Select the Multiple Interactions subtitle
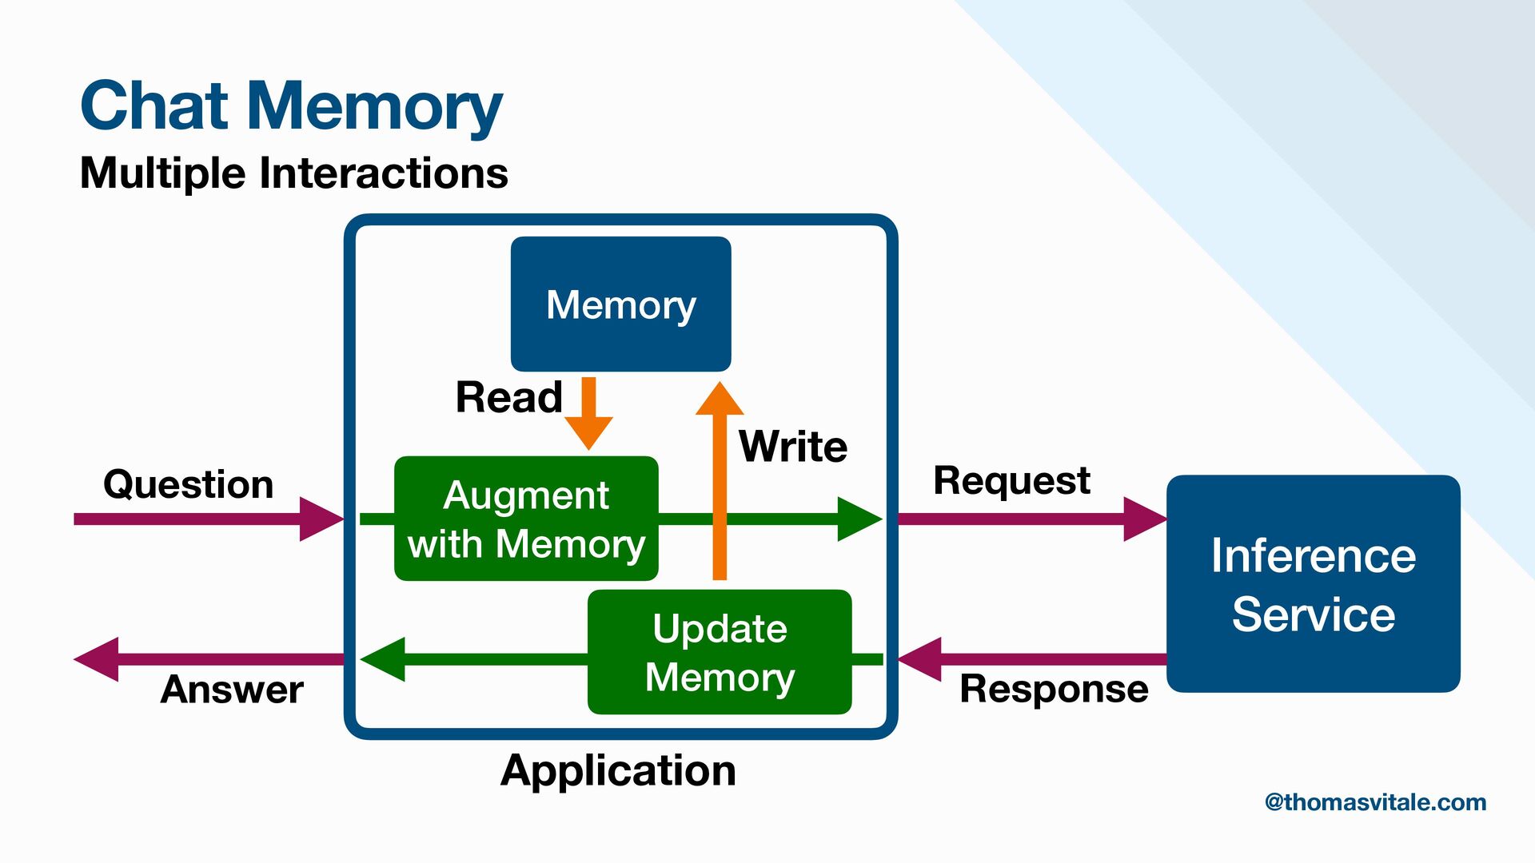pyautogui.click(x=294, y=173)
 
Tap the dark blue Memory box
pyautogui.click(x=621, y=304)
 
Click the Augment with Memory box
pyautogui.click(x=526, y=519)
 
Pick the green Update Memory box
pyautogui.click(x=720, y=652)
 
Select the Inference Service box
pyautogui.click(x=1314, y=584)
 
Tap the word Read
pyautogui.click(x=509, y=397)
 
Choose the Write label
pyautogui.click(x=793, y=446)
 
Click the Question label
pyautogui.click(x=189, y=484)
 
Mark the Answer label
pyautogui.click(x=232, y=689)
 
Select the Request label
pyautogui.click(x=1011, y=480)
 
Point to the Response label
pyautogui.click(x=1054, y=689)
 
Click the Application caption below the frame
pyautogui.click(x=618, y=770)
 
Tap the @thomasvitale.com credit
pyautogui.click(x=1375, y=802)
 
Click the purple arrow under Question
pyautogui.click(x=208, y=519)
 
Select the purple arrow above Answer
pyautogui.click(x=208, y=659)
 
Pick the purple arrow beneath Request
pyautogui.click(x=1031, y=519)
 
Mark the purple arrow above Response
pyautogui.click(x=1031, y=659)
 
